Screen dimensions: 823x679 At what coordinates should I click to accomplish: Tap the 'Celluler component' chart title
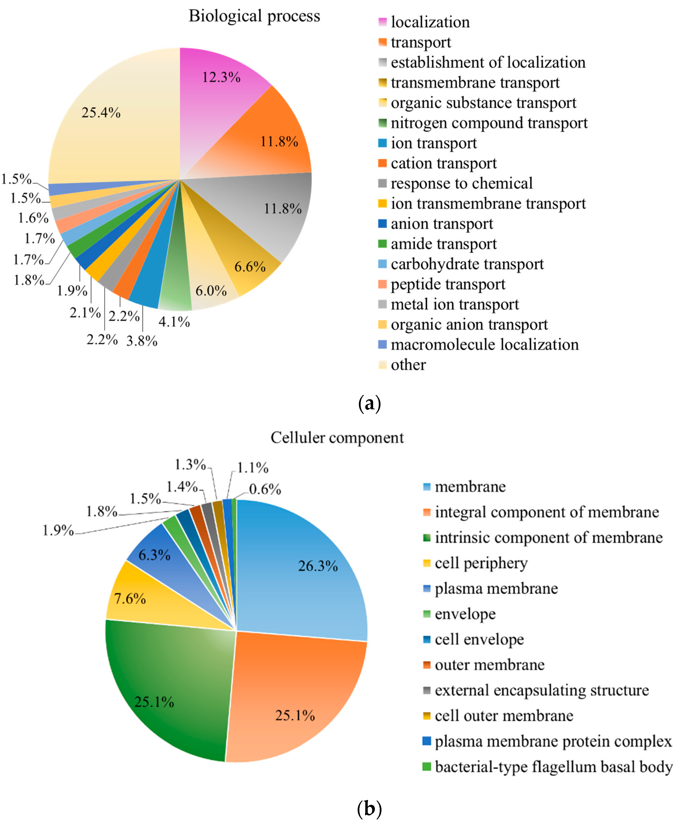click(x=337, y=438)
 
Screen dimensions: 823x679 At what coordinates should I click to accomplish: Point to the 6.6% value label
click(x=250, y=267)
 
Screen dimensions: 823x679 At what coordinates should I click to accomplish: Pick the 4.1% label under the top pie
click(x=174, y=322)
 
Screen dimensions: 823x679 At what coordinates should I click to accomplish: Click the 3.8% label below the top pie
click(x=142, y=341)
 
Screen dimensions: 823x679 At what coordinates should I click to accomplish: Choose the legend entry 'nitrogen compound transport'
click(x=489, y=123)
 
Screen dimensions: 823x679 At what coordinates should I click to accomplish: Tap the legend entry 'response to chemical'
click(x=462, y=183)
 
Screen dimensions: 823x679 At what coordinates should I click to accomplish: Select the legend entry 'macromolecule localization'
click(x=485, y=345)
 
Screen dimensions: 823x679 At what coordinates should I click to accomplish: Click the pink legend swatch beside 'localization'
click(x=382, y=22)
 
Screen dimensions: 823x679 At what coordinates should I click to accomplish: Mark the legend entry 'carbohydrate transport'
click(x=467, y=264)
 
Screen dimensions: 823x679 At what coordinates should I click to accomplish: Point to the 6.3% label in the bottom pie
click(x=154, y=555)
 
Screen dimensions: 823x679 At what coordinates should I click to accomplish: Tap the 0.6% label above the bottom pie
click(x=265, y=489)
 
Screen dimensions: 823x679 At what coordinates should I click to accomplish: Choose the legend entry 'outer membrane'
click(x=489, y=665)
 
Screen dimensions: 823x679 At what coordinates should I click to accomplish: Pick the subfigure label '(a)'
click(x=369, y=403)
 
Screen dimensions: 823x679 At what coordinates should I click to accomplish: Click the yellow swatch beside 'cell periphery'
click(x=427, y=563)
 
